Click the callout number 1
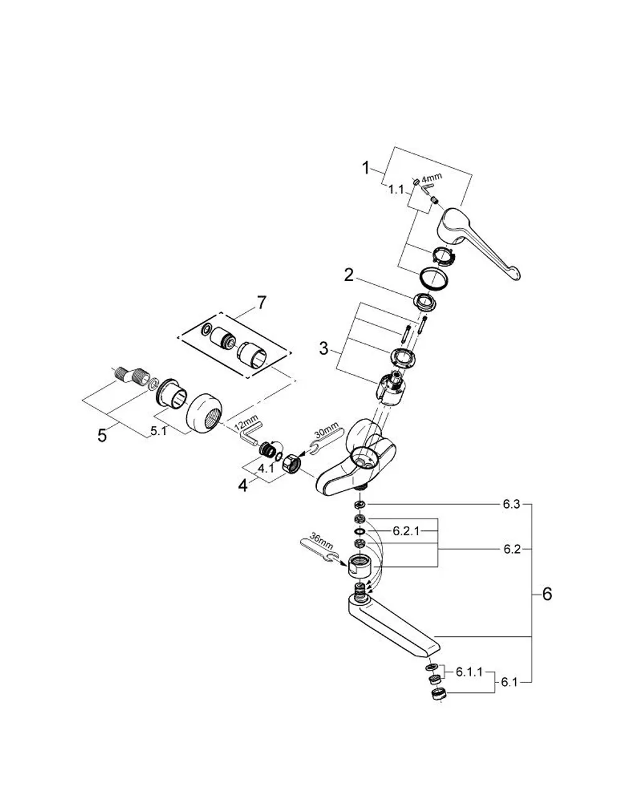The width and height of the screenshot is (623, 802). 365,168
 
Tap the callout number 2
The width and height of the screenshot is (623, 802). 349,275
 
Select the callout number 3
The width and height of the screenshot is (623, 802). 323,348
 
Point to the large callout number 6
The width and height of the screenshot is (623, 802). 548,594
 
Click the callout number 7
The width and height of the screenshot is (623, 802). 261,303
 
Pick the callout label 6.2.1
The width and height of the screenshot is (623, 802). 406,531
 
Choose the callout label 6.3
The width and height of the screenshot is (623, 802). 511,504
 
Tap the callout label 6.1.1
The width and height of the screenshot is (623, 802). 469,672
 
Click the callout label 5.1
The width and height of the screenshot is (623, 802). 158,431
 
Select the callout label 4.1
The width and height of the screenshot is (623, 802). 265,469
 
